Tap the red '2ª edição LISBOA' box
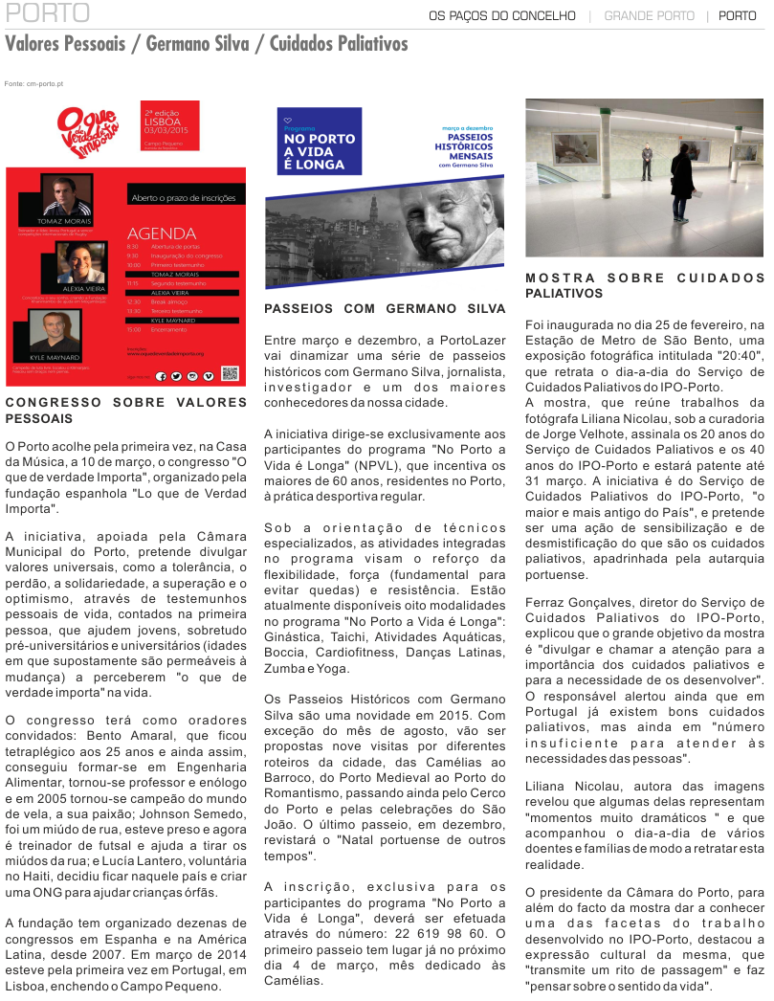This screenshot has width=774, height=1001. pos(169,125)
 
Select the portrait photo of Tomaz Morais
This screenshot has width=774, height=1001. pos(66,195)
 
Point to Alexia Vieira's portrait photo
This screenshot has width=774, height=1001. pos(80,261)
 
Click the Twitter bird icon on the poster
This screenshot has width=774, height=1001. pos(177,377)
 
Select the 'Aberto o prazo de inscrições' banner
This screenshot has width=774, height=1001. pos(181,199)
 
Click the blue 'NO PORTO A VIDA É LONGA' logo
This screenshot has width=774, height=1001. pos(319,141)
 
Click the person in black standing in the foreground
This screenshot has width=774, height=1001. pos(682,183)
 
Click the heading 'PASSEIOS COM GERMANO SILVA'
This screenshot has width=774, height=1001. pos(385,309)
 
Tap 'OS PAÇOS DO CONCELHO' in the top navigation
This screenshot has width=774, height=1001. pos(502,16)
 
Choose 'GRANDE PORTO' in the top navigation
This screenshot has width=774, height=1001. pos(649,16)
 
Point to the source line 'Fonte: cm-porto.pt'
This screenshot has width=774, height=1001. pos(33,84)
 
